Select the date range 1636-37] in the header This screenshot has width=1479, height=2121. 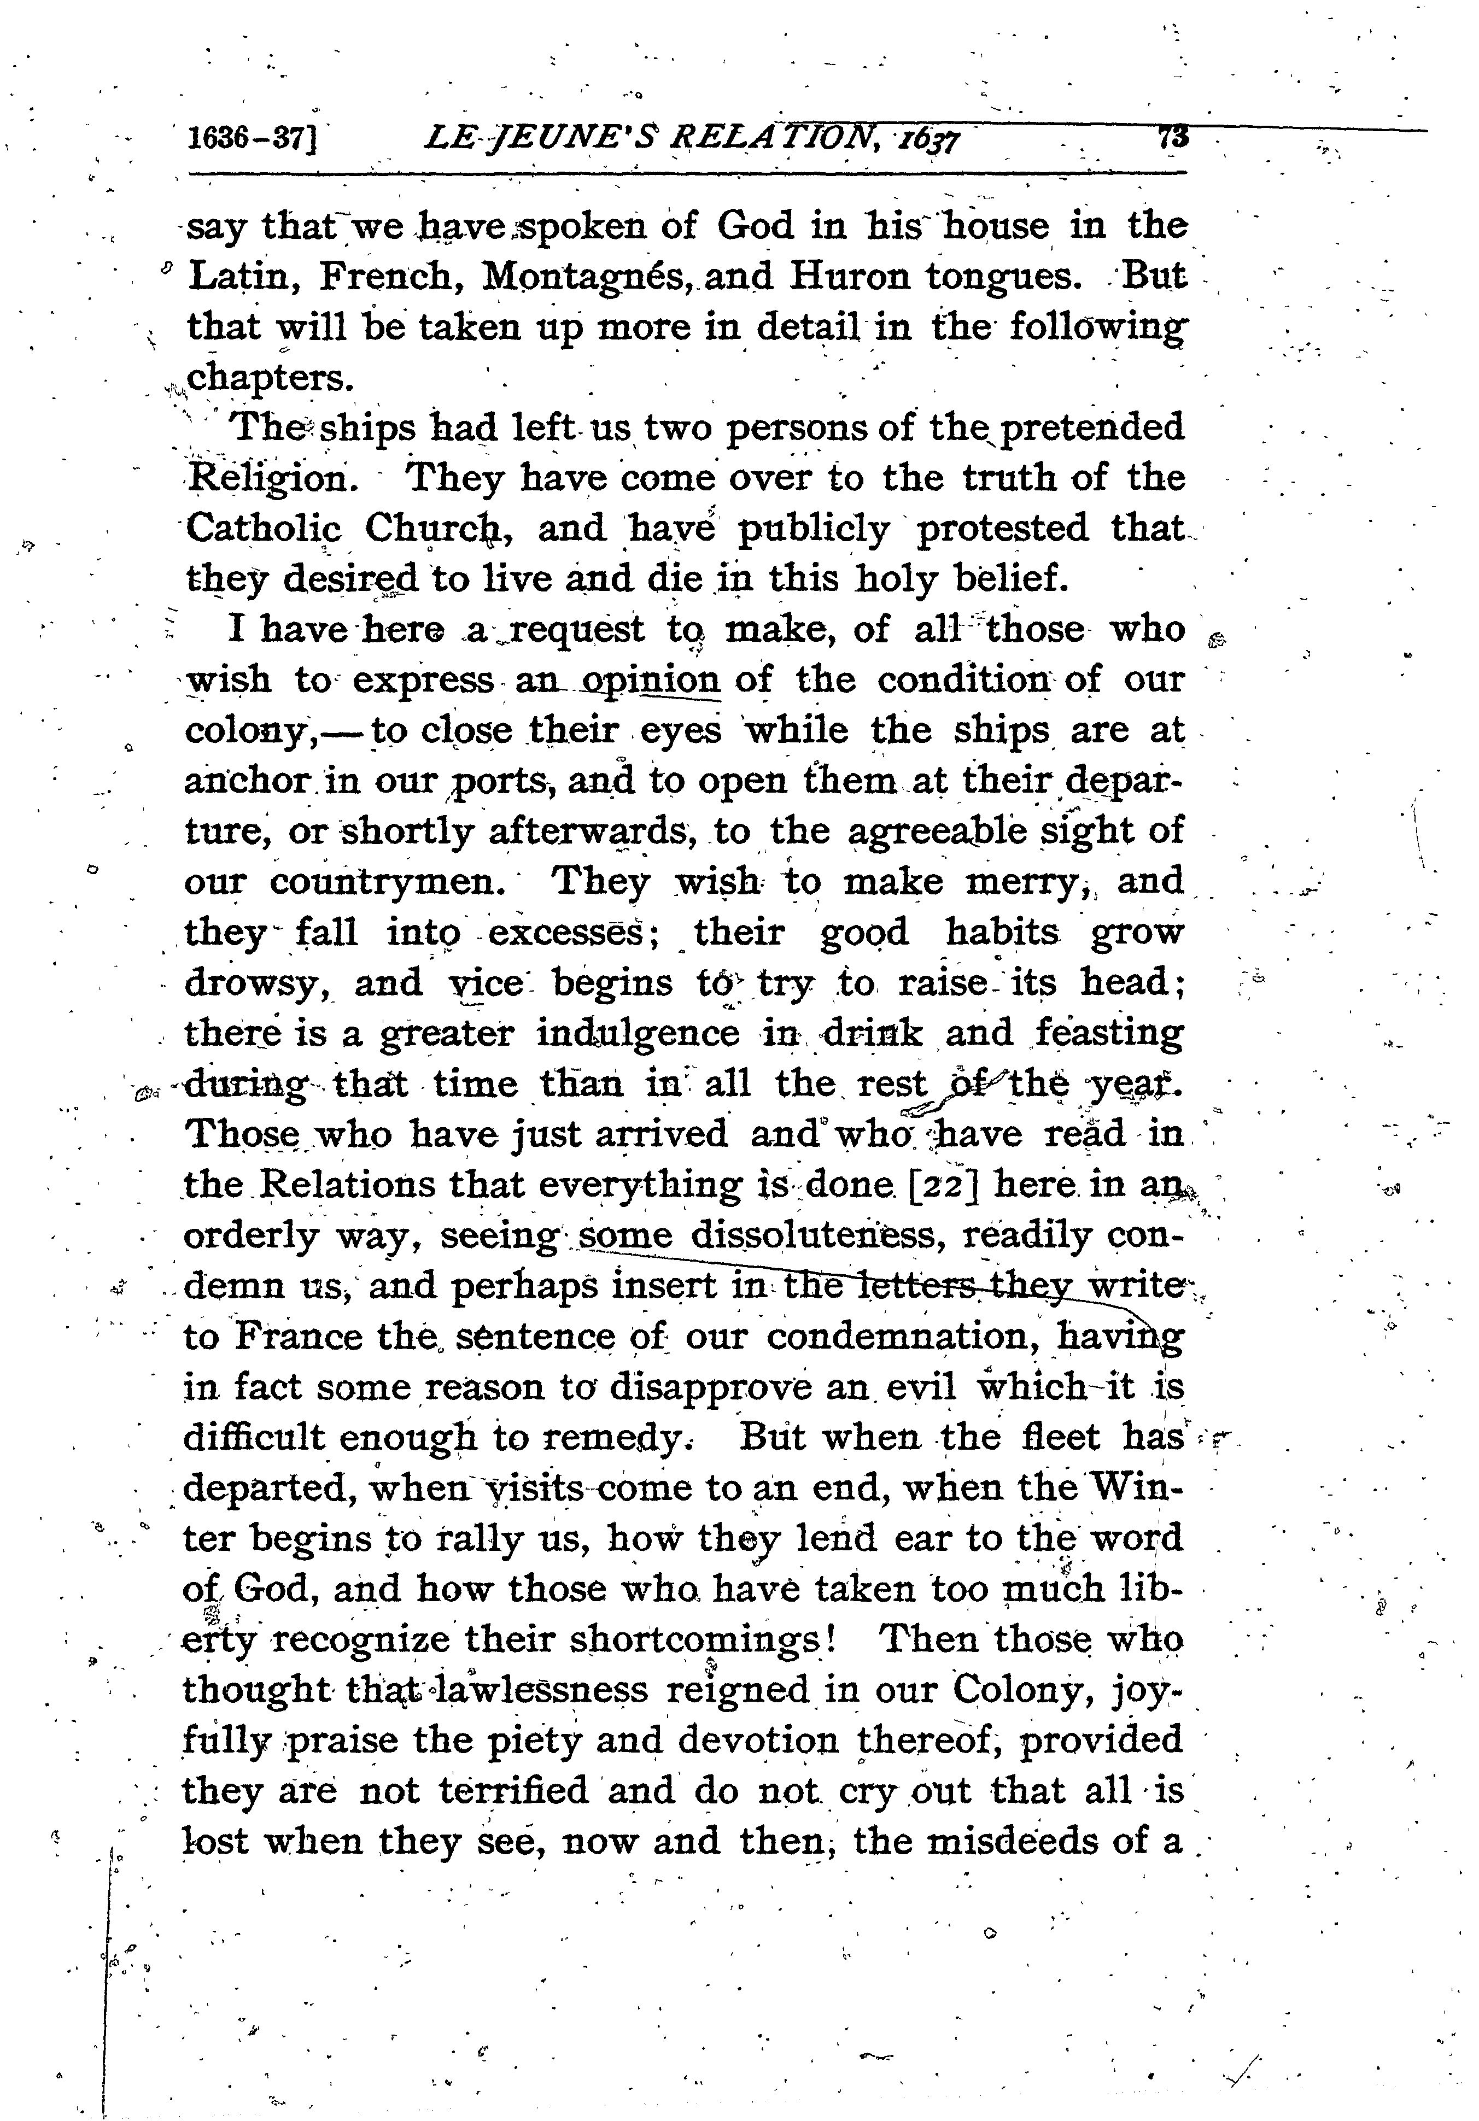pyautogui.click(x=252, y=139)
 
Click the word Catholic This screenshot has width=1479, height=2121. pyautogui.click(x=264, y=529)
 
